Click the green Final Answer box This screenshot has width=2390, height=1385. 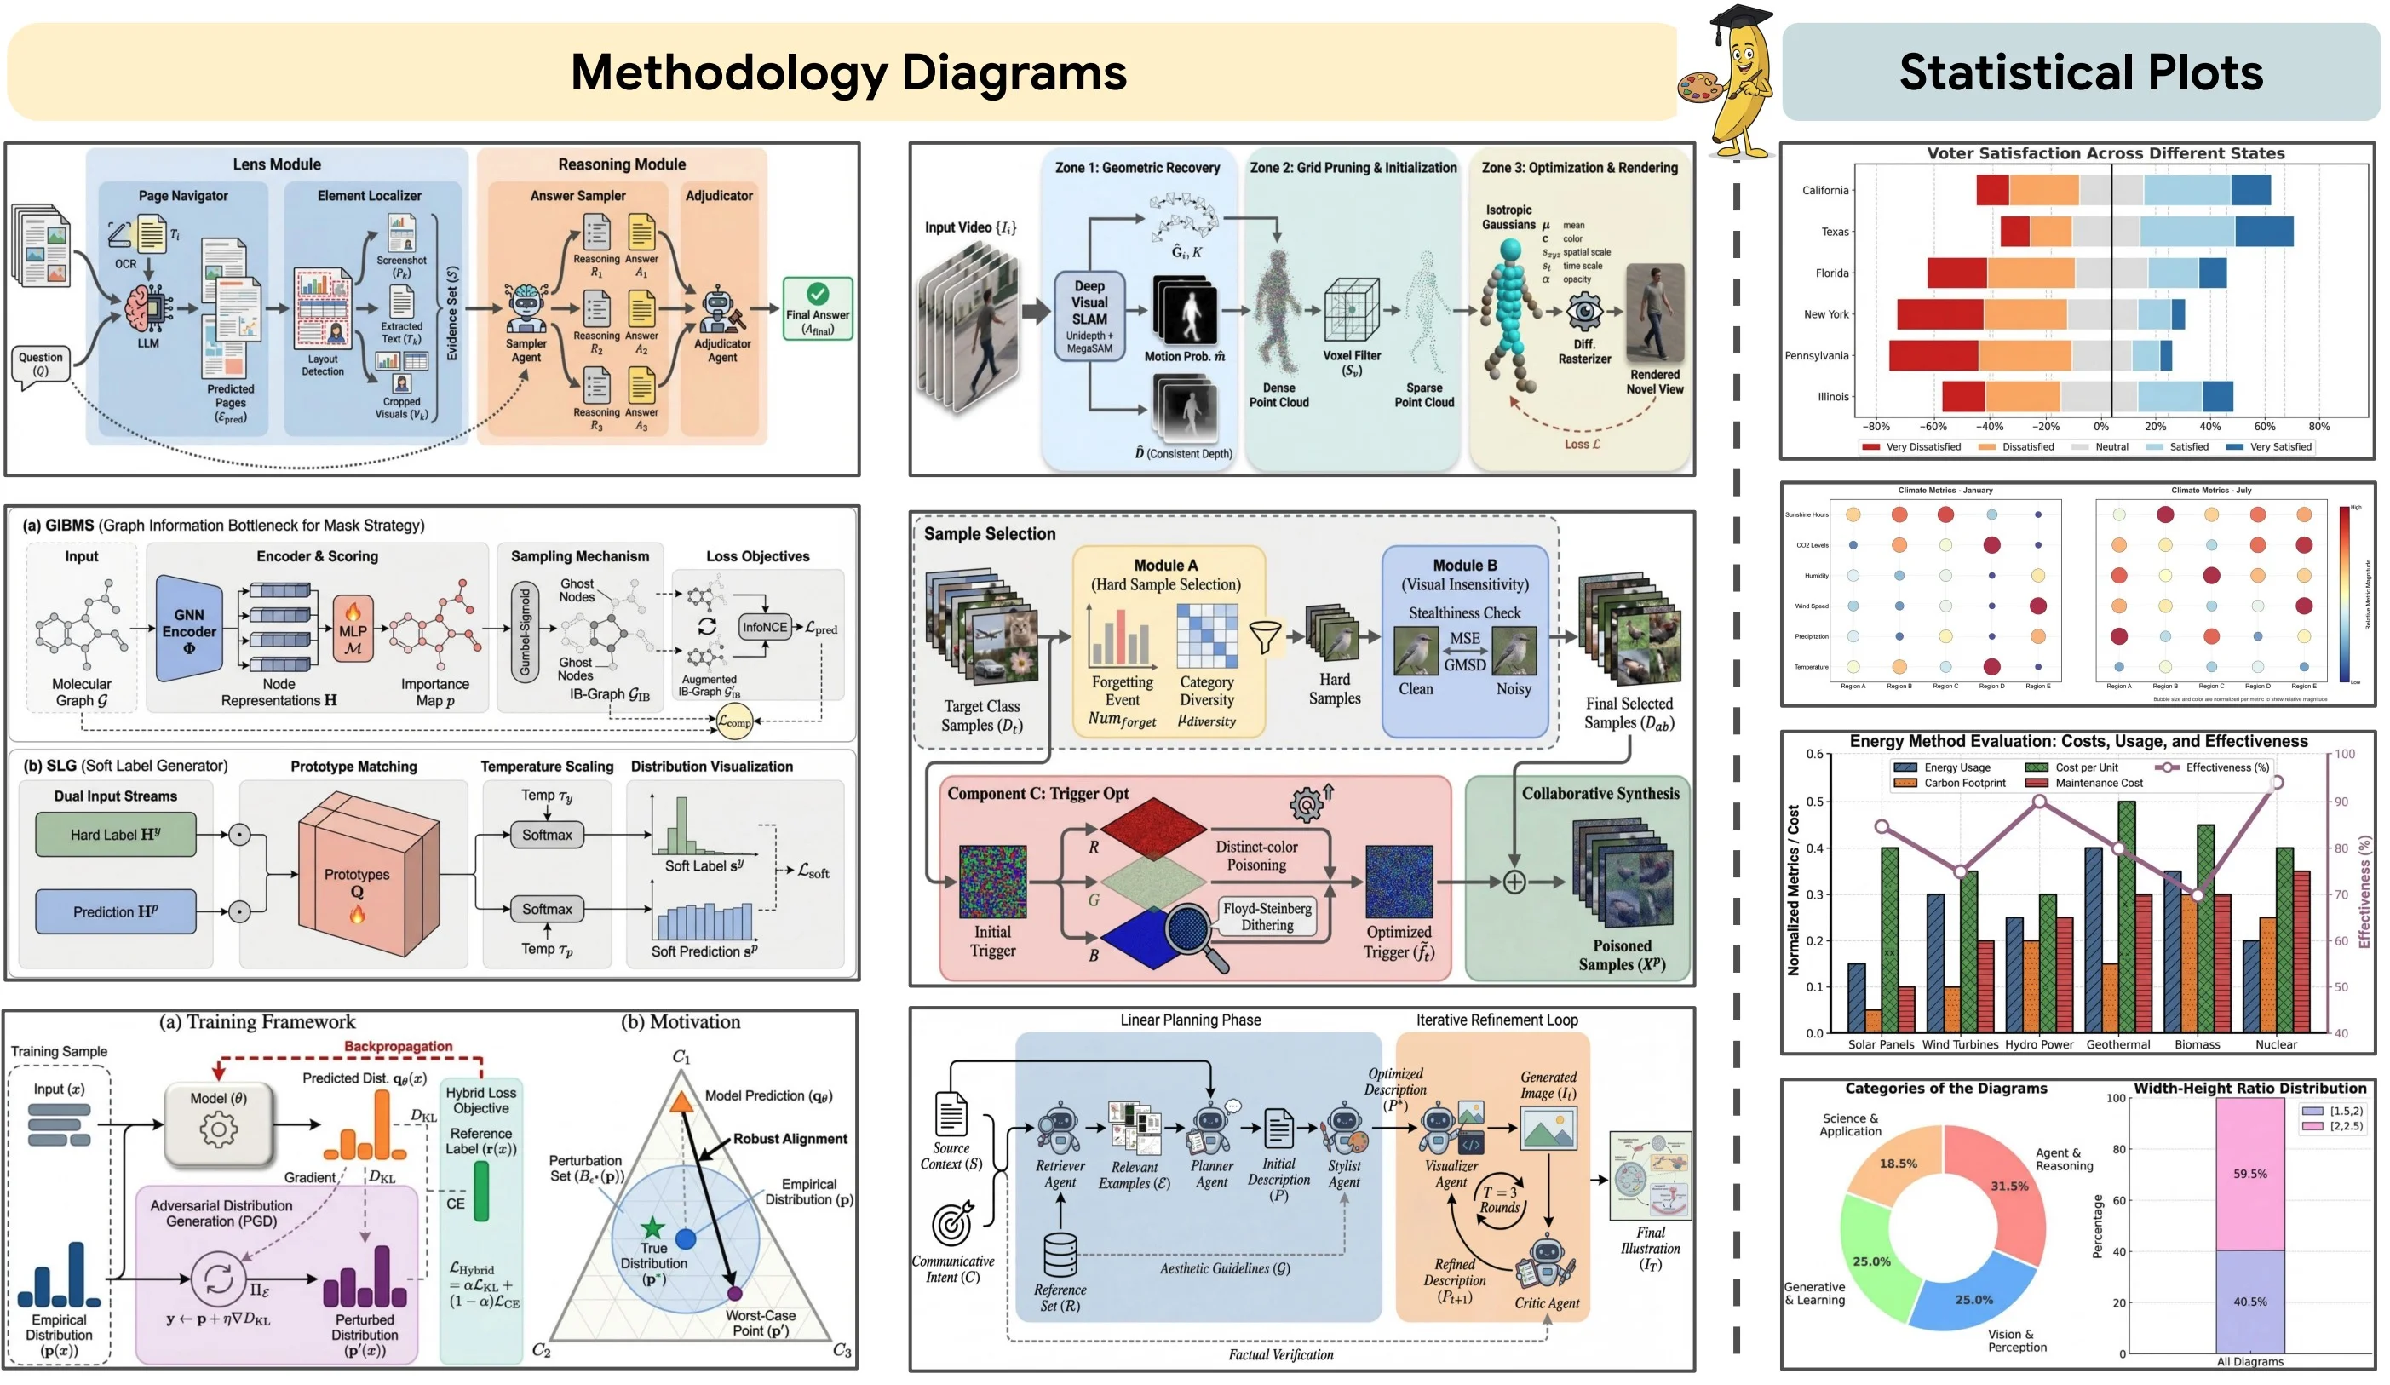coord(817,308)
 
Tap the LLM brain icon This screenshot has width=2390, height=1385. coord(148,308)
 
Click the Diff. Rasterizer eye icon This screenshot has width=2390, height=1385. coord(1584,312)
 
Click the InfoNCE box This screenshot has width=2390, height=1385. coord(764,627)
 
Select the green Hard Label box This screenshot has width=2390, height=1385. coord(116,835)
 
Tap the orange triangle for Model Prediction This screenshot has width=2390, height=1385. coord(681,1102)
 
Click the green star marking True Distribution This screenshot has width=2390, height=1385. coord(652,1227)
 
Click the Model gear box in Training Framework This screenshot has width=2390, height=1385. coord(219,1124)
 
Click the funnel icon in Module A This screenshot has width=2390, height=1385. coord(1264,636)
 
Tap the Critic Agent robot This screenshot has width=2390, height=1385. coord(1545,1262)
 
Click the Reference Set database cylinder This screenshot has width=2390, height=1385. coord(1060,1254)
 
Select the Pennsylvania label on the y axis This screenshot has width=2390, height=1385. coord(1815,356)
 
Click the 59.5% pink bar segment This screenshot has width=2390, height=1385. coord(2249,1174)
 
